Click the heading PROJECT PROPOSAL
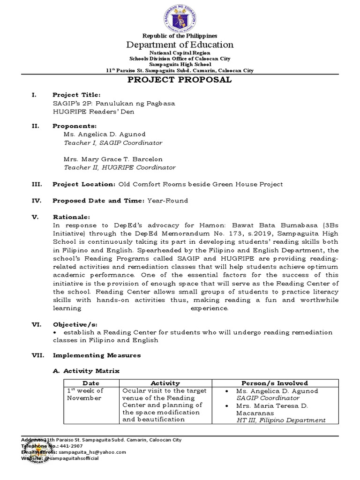[180, 80]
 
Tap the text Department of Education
[180, 45]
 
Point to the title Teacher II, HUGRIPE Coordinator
[120, 167]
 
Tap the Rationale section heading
[70, 217]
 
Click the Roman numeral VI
[36, 324]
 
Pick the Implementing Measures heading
[97, 355]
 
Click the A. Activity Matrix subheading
[87, 371]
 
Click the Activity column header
[165, 383]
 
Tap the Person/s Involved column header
[274, 383]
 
